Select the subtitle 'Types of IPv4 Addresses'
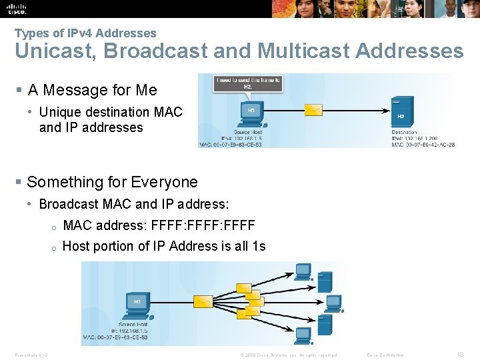coord(85,33)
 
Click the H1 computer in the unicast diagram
coord(251,114)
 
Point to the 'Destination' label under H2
coord(404,133)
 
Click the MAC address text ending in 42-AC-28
coord(423,144)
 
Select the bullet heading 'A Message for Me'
coord(92,90)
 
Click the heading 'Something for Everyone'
coord(112,182)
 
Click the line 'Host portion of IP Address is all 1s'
coord(164,246)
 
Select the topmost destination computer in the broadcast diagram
coord(303,271)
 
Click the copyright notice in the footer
coord(288,355)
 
